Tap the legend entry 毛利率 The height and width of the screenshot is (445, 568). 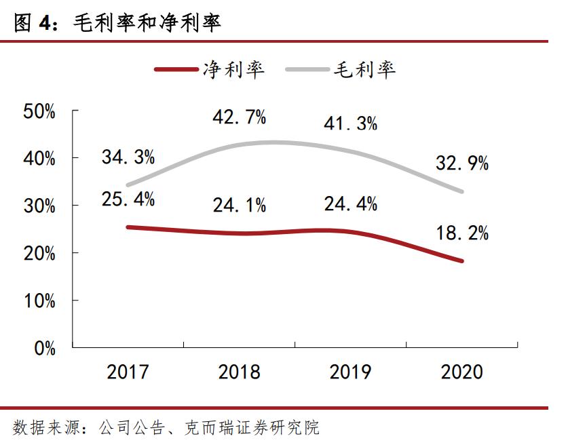(364, 69)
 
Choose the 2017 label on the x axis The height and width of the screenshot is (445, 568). (128, 372)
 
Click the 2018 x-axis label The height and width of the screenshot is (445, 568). (239, 372)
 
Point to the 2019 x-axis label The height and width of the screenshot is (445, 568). (350, 372)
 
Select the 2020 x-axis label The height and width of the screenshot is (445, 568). (461, 372)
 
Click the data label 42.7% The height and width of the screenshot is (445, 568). (239, 117)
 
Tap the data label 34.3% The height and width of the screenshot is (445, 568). (128, 157)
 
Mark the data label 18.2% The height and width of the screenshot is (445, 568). (461, 233)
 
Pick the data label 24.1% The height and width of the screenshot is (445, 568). (239, 204)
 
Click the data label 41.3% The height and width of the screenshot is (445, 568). (350, 123)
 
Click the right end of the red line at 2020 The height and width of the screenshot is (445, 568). (462, 260)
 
